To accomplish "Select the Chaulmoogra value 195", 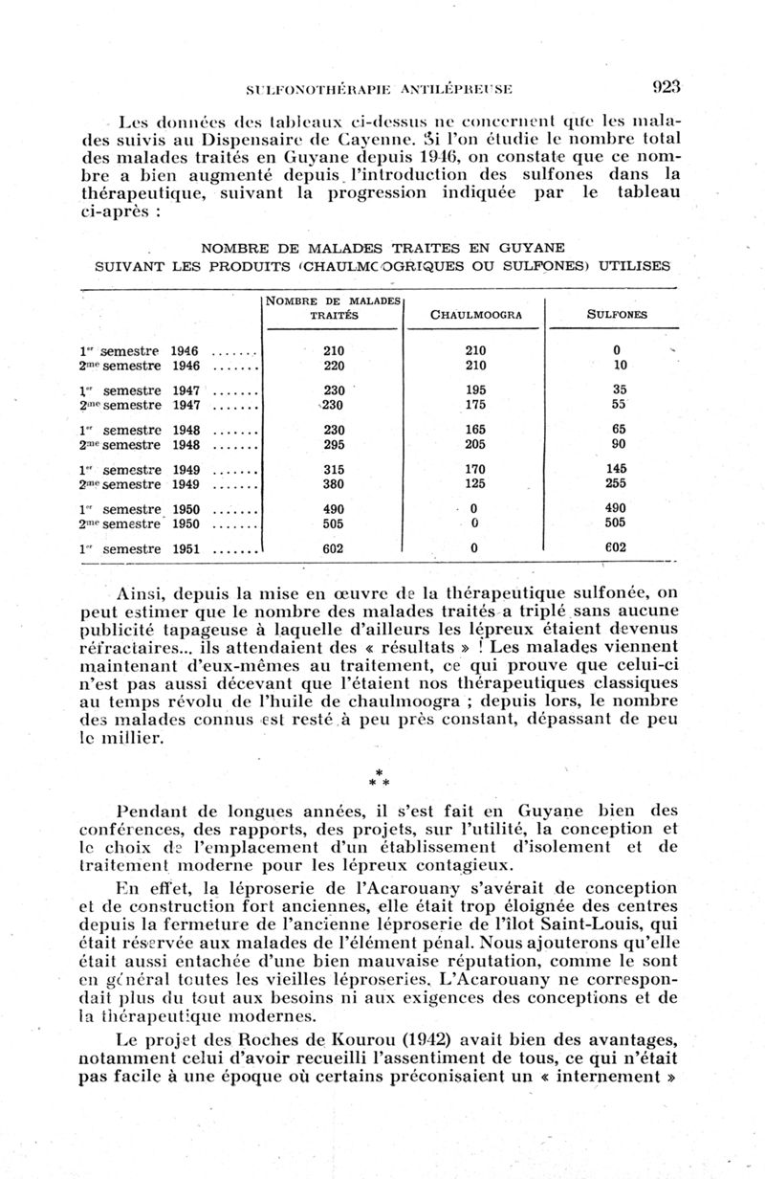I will (473, 390).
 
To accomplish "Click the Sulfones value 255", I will (617, 484).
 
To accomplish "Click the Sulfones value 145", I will (617, 469).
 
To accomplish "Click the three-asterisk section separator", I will (380, 778).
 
